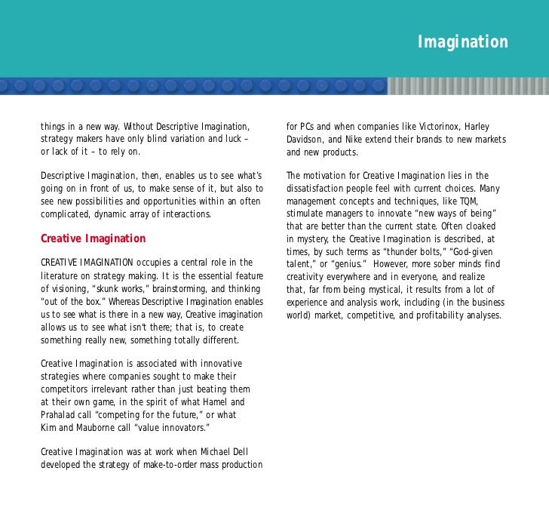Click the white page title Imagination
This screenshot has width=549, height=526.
click(463, 42)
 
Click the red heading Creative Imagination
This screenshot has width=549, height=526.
click(93, 238)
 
